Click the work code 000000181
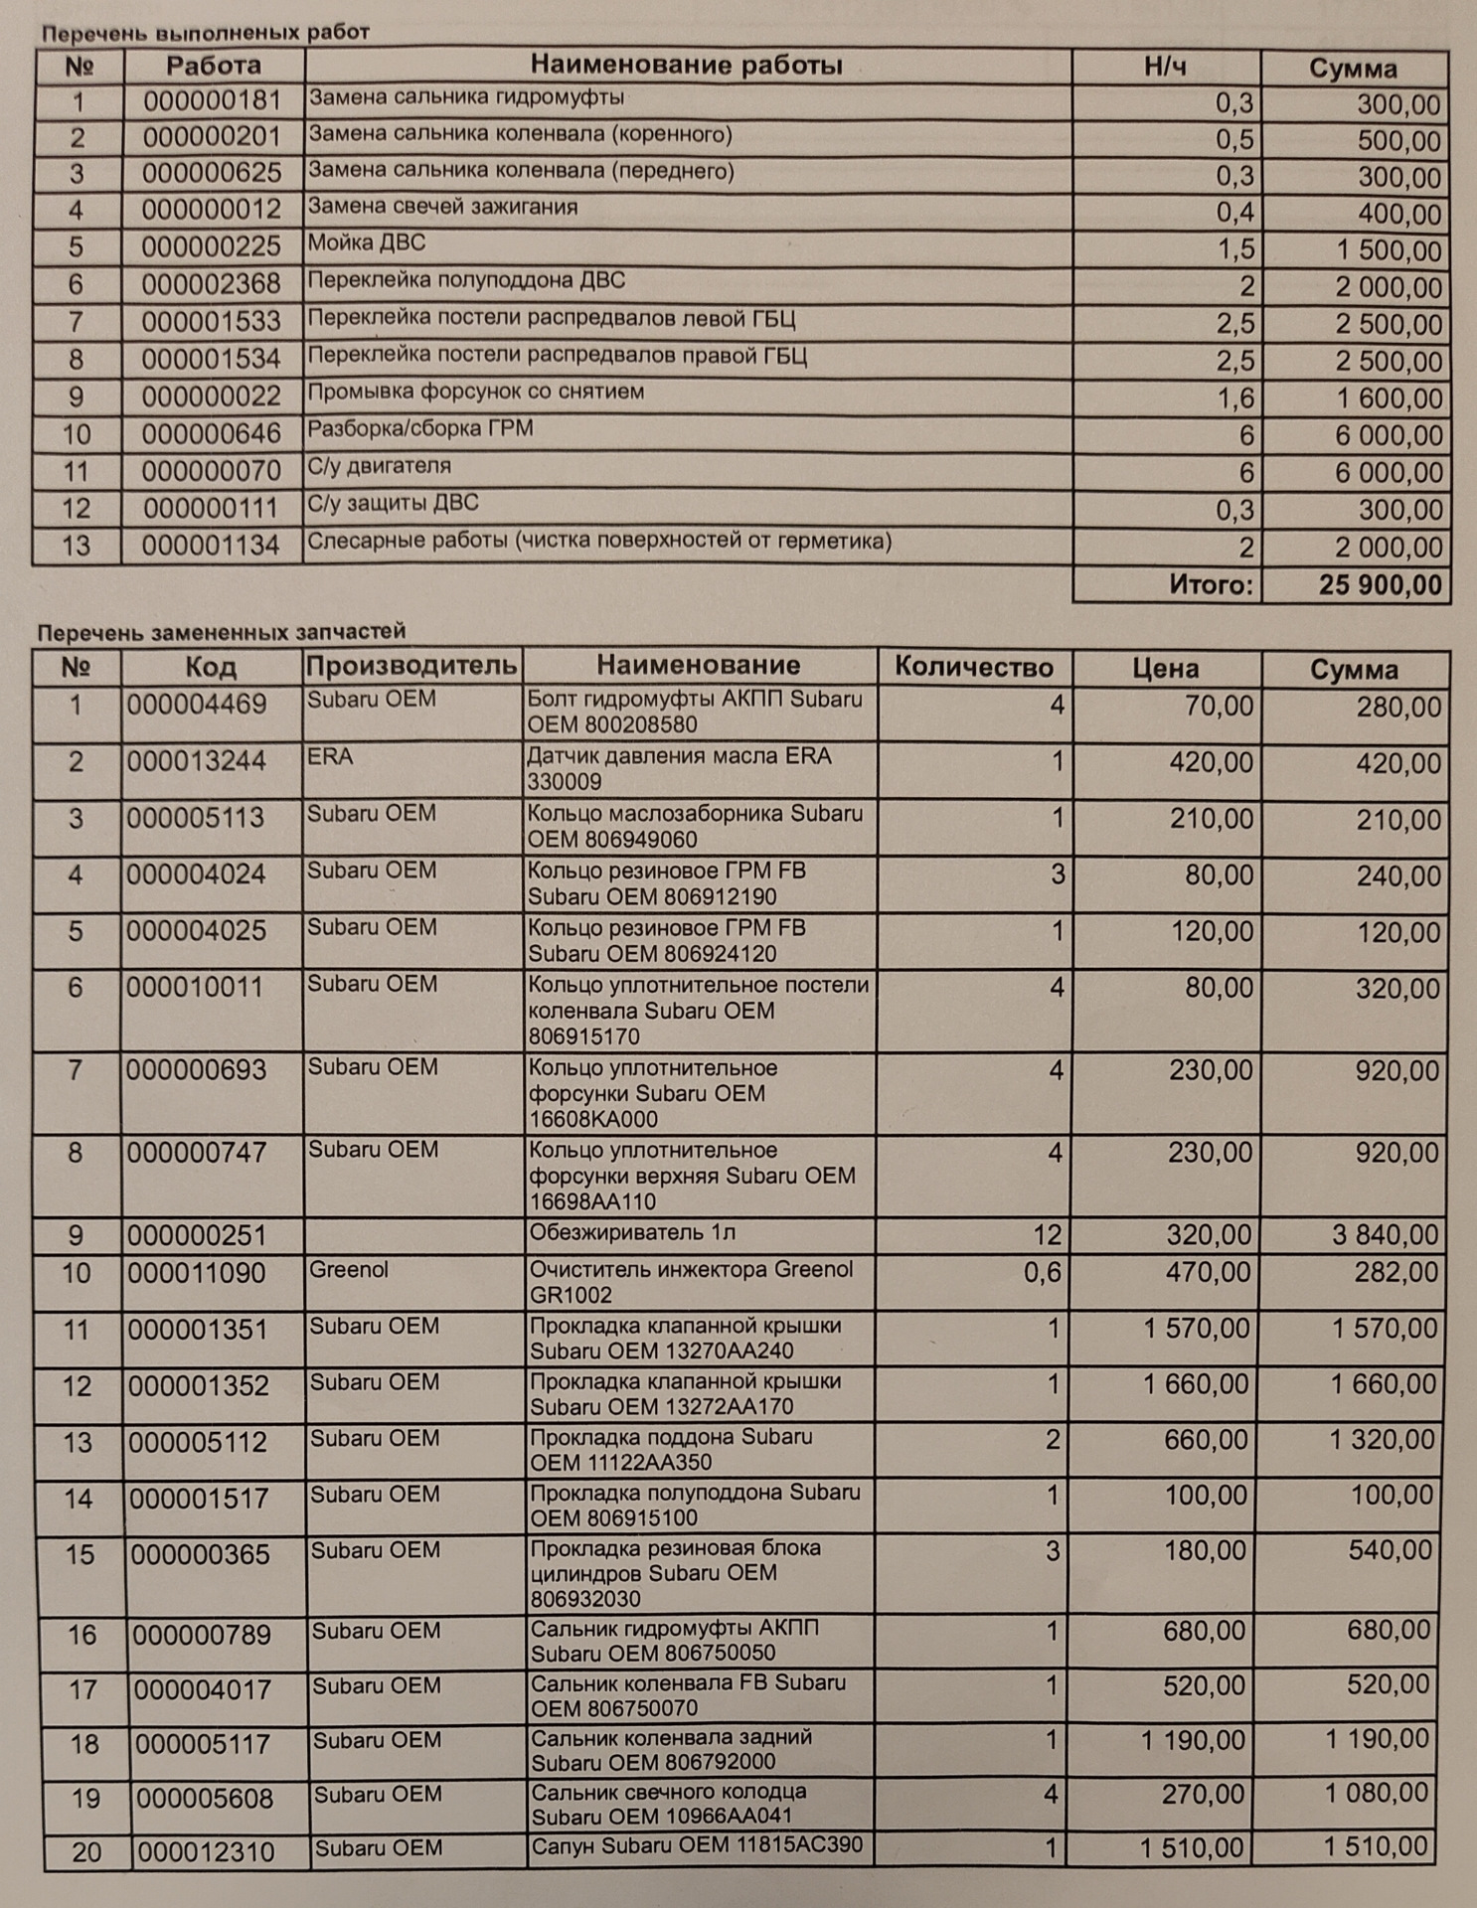[x=212, y=101]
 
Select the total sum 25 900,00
[x=1380, y=584]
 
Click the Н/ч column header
[x=1165, y=67]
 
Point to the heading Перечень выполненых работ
[x=206, y=33]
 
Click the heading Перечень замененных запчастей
[x=222, y=632]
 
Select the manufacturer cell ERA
[x=330, y=757]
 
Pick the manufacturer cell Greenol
[x=349, y=1270]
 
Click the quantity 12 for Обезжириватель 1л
[x=1047, y=1235]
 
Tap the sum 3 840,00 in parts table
[x=1385, y=1235]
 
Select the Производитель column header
[x=411, y=666]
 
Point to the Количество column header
[x=973, y=666]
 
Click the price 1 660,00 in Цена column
[x=1196, y=1384]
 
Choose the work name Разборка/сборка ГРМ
[x=420, y=429]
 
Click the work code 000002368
[x=211, y=285]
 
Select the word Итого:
[x=1211, y=584]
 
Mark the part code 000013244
[x=197, y=762]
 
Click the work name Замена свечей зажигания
[x=442, y=208]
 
